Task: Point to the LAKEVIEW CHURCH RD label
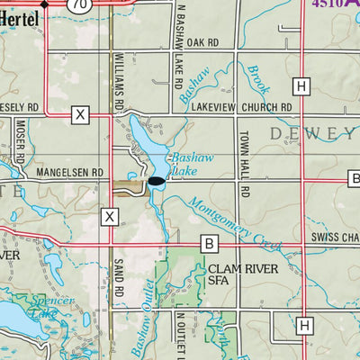pyautogui.click(x=242, y=106)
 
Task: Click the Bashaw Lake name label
pyautogui.click(x=190, y=164)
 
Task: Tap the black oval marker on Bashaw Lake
pyautogui.click(x=156, y=181)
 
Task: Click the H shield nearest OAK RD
pyautogui.click(x=301, y=85)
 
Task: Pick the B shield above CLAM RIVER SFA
pyautogui.click(x=210, y=243)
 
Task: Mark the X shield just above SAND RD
pyautogui.click(x=110, y=216)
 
